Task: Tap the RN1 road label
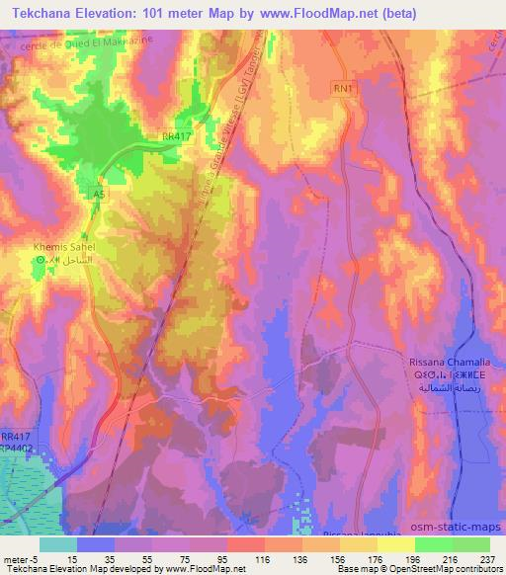341,88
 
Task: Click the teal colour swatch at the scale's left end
57,544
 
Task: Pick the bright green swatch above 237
471,544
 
